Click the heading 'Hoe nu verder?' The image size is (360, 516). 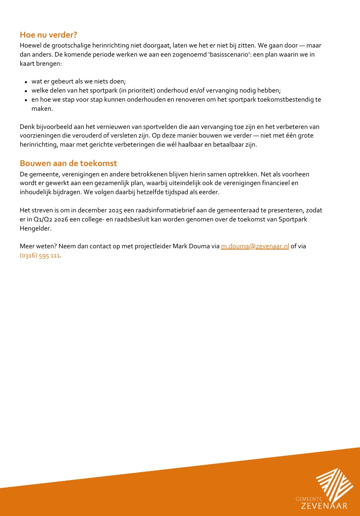pyautogui.click(x=48, y=35)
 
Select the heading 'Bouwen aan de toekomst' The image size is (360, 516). pyautogui.click(x=68, y=163)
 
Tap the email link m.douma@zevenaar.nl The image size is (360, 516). pyautogui.click(x=255, y=246)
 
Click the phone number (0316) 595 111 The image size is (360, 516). pyautogui.click(x=40, y=255)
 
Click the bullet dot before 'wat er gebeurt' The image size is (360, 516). pyautogui.click(x=26, y=82)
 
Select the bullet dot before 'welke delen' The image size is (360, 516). pyautogui.click(x=26, y=91)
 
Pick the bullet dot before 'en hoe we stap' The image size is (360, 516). pyautogui.click(x=26, y=100)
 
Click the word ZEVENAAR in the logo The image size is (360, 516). pyautogui.click(x=324, y=506)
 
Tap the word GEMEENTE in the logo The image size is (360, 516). pyautogui.click(x=309, y=499)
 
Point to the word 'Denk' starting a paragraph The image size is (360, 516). pyautogui.click(x=27, y=127)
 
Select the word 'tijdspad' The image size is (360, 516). pyautogui.click(x=154, y=192)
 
